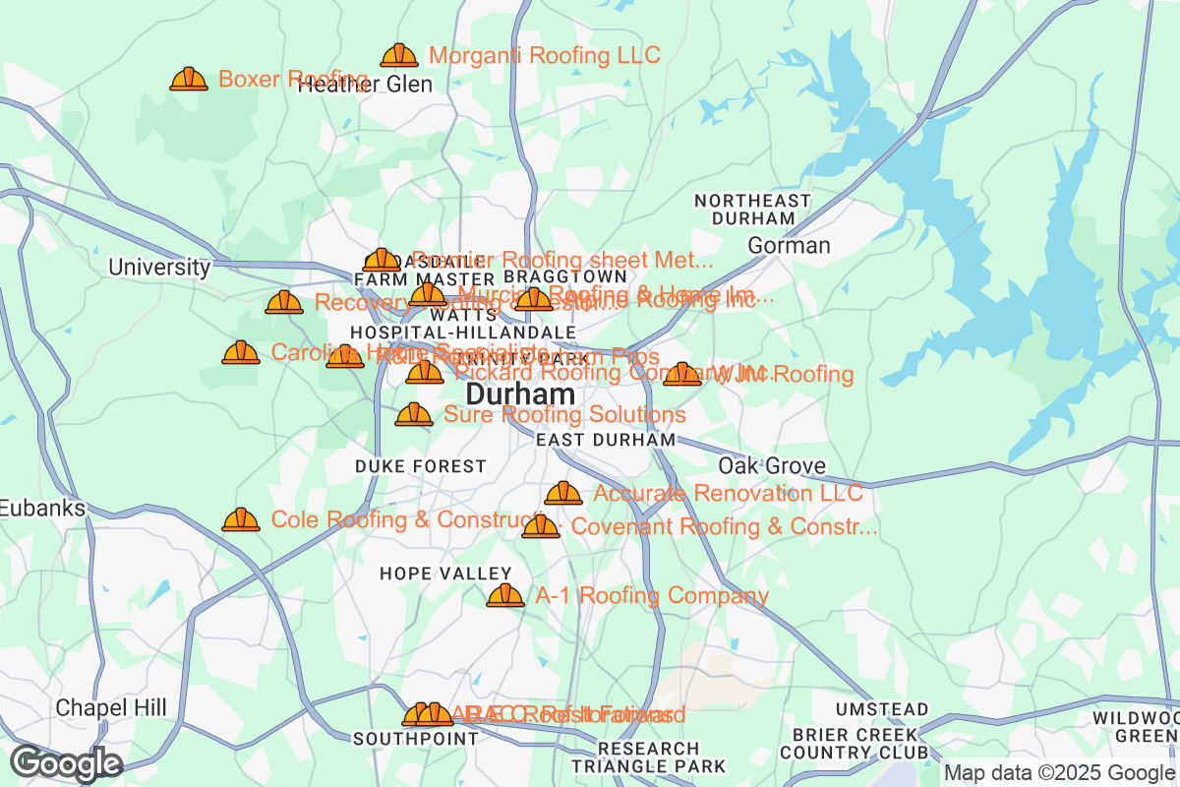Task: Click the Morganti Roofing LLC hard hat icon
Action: (x=399, y=56)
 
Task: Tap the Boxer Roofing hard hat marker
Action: (x=189, y=80)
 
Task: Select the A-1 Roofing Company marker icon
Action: (x=505, y=595)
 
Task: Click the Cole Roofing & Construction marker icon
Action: (x=241, y=519)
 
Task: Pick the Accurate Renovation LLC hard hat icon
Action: (x=563, y=493)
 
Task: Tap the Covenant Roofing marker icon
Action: (x=541, y=527)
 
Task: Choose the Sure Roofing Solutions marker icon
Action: (x=414, y=415)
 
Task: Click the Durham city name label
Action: (x=520, y=394)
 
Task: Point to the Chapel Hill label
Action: (x=111, y=707)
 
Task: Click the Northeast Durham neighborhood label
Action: (x=752, y=209)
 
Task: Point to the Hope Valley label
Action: (x=445, y=574)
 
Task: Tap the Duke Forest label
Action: (x=421, y=465)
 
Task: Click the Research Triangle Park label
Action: (x=648, y=757)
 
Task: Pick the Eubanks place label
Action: (x=42, y=508)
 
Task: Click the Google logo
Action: (x=66, y=763)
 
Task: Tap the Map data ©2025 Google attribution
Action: (x=1059, y=773)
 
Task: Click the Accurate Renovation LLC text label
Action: (x=728, y=493)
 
